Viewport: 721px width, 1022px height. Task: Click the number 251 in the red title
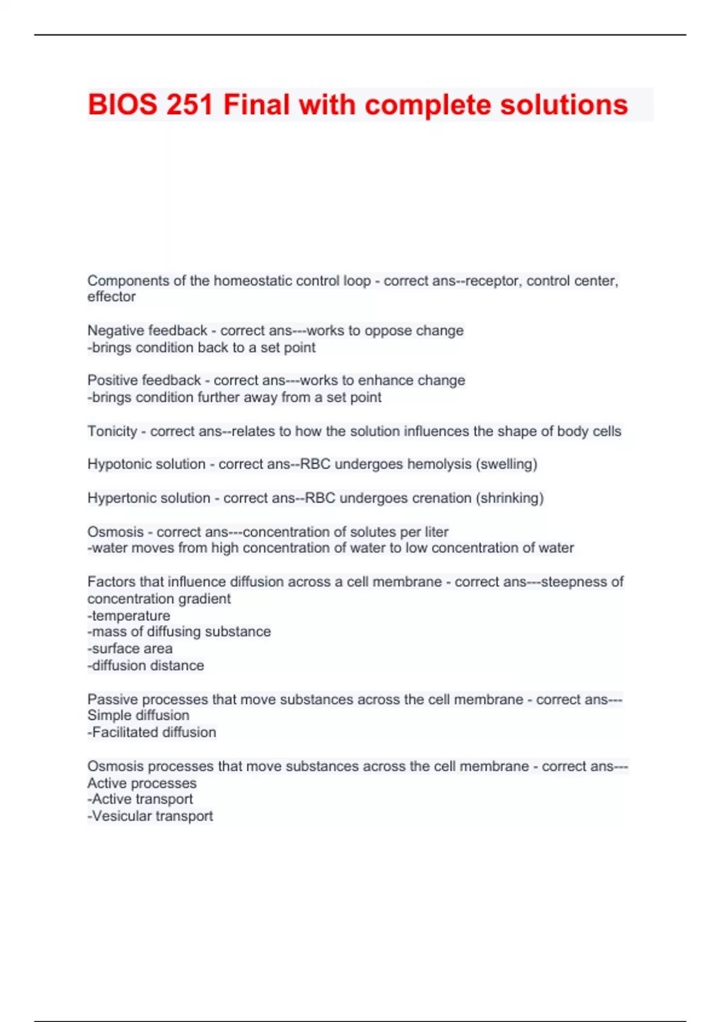pyautogui.click(x=189, y=105)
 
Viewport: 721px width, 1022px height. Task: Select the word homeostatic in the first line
pyautogui.click(x=250, y=281)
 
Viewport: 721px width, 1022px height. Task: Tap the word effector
pyautogui.click(x=111, y=296)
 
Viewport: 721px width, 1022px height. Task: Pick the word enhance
pyautogui.click(x=388, y=381)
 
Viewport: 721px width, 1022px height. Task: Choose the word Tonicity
pyautogui.click(x=112, y=431)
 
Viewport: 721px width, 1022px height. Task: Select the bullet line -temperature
pyautogui.click(x=129, y=616)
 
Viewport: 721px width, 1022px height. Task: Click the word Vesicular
pyautogui.click(x=121, y=816)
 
